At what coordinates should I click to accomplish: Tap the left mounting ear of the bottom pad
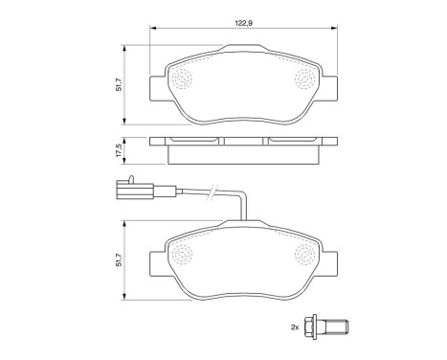159,259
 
